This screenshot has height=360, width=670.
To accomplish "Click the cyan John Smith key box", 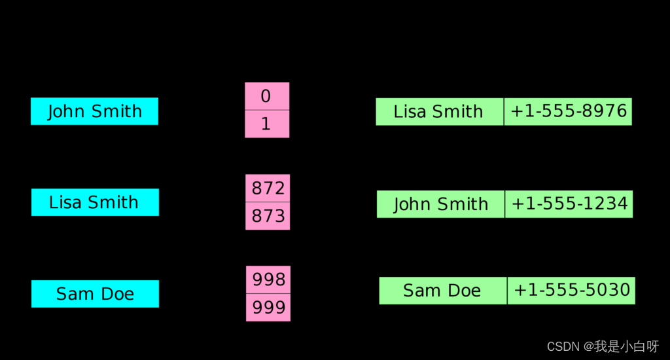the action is (x=94, y=111).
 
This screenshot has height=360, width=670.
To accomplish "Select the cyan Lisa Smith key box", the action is (x=95, y=202).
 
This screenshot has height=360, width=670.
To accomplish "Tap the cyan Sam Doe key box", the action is (x=95, y=294).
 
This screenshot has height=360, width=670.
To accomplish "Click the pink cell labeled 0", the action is (x=267, y=96).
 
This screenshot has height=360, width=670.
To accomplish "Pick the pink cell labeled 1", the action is (x=267, y=124).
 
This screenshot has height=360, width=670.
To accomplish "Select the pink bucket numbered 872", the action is (x=268, y=188).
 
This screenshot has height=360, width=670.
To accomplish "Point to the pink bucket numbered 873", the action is (x=268, y=216).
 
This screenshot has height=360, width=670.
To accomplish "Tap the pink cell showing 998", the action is (x=268, y=279).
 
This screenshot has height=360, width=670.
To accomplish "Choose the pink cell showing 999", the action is (x=268, y=308).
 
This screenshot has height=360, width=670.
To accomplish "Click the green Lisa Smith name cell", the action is (x=440, y=111).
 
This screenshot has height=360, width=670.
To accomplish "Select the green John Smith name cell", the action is (x=440, y=204).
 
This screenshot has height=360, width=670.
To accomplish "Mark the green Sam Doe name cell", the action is (x=443, y=291).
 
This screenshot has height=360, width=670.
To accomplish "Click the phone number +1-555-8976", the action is (x=569, y=111).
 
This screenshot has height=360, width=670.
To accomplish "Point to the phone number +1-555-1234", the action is (x=569, y=204).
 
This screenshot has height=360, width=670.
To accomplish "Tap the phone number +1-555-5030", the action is (x=571, y=291).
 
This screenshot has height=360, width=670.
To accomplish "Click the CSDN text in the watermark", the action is (x=563, y=346).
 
